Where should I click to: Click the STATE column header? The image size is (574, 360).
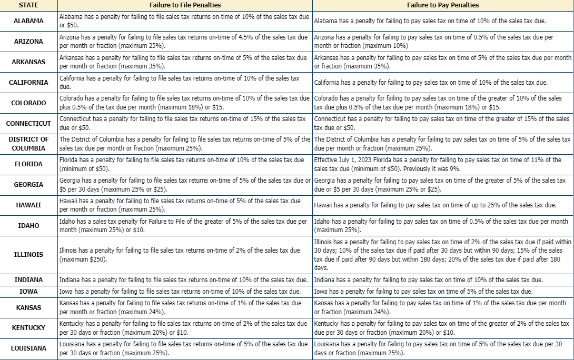click(x=28, y=5)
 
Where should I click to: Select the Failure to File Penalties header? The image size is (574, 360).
click(x=185, y=5)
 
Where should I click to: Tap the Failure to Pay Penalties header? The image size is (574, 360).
click(x=443, y=5)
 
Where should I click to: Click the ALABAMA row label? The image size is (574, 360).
click(x=28, y=21)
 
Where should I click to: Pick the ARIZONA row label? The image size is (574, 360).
click(x=28, y=42)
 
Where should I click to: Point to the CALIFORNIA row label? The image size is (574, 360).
click(x=28, y=82)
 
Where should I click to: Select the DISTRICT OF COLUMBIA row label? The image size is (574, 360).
click(x=28, y=144)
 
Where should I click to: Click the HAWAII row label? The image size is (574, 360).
click(x=28, y=205)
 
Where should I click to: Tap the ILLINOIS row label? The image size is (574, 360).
click(x=28, y=255)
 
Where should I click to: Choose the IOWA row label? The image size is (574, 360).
click(x=28, y=291)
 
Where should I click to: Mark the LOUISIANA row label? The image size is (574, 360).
click(x=28, y=348)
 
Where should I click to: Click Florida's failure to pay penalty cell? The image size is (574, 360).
click(x=442, y=164)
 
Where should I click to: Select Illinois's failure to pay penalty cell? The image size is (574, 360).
click(x=442, y=255)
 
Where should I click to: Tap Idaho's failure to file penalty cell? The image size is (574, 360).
click(x=184, y=226)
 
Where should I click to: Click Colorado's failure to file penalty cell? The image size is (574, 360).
click(x=184, y=103)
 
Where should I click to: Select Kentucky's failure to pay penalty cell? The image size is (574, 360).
click(x=442, y=328)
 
